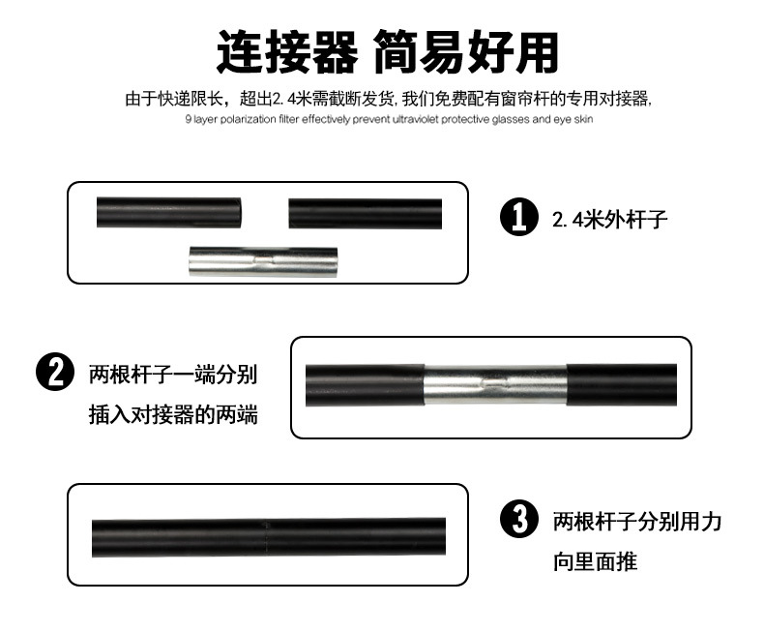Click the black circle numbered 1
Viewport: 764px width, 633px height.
519,217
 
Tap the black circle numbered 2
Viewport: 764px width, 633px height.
55,372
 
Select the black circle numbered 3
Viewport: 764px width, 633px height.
519,519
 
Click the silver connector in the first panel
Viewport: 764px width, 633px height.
263,262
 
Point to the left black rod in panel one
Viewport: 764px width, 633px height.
168,213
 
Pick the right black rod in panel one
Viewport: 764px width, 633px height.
365,214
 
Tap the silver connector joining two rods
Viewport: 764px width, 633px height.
495,385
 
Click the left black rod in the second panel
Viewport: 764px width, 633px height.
365,385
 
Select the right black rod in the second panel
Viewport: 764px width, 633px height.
622,385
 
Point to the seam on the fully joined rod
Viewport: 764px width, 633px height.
266,537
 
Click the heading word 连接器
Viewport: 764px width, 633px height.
287,51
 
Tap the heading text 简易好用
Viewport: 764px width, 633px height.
466,51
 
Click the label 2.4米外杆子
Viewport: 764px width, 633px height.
609,220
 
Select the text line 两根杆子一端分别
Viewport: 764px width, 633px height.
173,375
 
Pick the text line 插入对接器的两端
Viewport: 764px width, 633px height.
173,415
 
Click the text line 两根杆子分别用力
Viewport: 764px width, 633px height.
637,522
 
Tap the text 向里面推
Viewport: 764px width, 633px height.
595,561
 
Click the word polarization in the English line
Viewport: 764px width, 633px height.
248,119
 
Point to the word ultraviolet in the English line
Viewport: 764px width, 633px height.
416,119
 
